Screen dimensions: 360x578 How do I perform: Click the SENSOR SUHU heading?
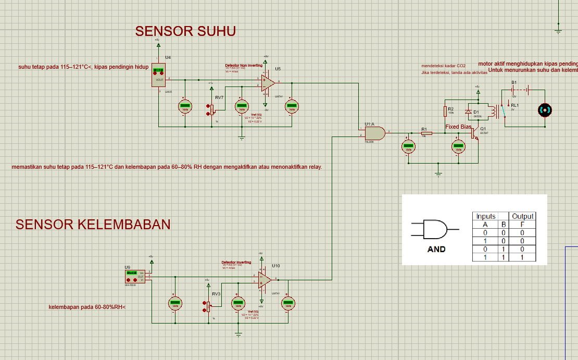click(x=185, y=31)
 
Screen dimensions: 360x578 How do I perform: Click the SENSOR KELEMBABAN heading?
click(x=93, y=225)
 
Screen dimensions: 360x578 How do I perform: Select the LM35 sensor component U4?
click(x=158, y=76)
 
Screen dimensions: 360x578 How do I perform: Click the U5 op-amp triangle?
click(x=268, y=82)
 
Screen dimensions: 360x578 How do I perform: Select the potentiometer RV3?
click(x=208, y=306)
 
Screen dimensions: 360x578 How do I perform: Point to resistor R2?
click(x=445, y=111)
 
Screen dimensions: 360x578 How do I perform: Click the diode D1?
click(x=468, y=112)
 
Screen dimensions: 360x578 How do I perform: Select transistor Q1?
click(x=474, y=133)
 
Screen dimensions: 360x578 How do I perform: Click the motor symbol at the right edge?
click(x=544, y=109)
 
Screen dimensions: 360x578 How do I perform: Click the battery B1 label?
click(x=514, y=83)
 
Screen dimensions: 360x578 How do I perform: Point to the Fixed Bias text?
click(x=459, y=127)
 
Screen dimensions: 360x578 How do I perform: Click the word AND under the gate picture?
click(x=436, y=249)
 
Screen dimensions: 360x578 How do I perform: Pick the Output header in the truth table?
click(x=523, y=216)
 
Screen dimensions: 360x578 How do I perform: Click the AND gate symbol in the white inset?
click(x=435, y=229)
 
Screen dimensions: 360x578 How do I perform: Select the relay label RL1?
click(x=515, y=105)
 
